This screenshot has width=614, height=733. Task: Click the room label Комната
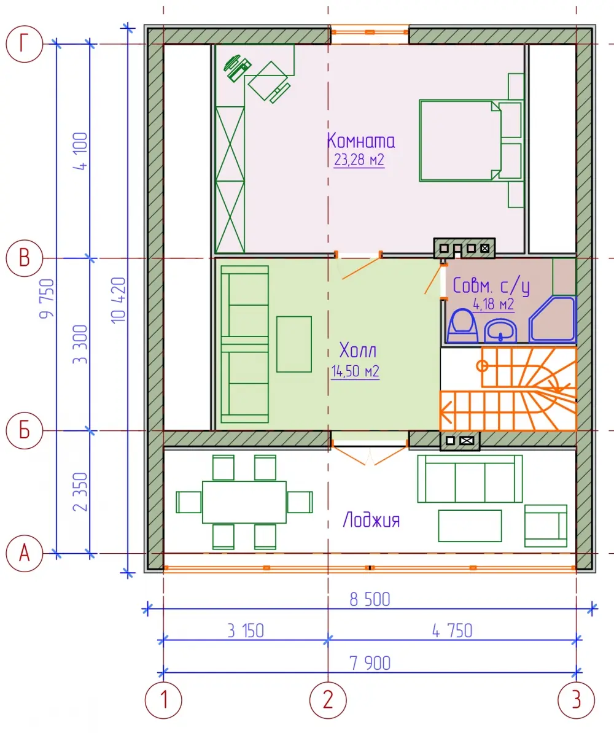pyautogui.click(x=360, y=141)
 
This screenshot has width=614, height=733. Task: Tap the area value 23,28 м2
pyautogui.click(x=359, y=160)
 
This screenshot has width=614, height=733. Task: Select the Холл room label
pyautogui.click(x=358, y=350)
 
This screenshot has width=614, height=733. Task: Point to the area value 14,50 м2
pyautogui.click(x=355, y=371)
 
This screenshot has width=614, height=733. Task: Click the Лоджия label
pyautogui.click(x=371, y=520)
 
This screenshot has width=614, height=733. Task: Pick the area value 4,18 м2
pyautogui.click(x=494, y=304)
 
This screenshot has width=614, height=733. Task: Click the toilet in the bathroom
pyautogui.click(x=462, y=326)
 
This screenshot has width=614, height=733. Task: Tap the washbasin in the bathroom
pyautogui.click(x=500, y=332)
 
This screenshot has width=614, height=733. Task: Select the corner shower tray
pyautogui.click(x=552, y=319)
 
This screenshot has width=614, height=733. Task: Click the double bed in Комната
pyautogui.click(x=460, y=140)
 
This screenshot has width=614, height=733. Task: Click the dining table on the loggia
pyautogui.click(x=244, y=502)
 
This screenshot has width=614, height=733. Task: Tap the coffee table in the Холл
pyautogui.click(x=293, y=344)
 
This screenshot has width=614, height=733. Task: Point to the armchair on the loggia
pyautogui.click(x=546, y=526)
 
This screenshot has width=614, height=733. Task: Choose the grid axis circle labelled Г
pyautogui.click(x=25, y=44)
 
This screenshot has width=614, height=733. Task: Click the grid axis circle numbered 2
pyautogui.click(x=328, y=700)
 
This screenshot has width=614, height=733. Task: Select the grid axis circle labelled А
pyautogui.click(x=25, y=554)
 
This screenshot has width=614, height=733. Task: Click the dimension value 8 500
pyautogui.click(x=370, y=599)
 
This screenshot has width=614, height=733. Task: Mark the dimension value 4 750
pyautogui.click(x=452, y=630)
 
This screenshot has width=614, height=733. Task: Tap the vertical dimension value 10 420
pyautogui.click(x=119, y=300)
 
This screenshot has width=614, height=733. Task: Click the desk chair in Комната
pyautogui.click(x=268, y=82)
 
